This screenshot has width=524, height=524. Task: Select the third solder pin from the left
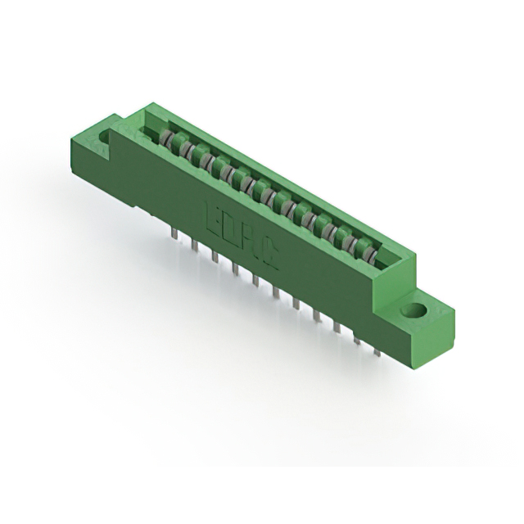214,256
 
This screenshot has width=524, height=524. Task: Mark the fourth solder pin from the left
234,268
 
